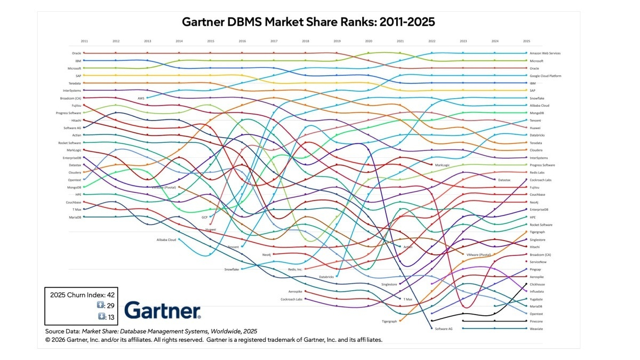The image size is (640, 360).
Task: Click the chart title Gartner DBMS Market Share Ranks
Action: click(308, 22)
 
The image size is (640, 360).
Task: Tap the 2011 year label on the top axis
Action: click(84, 41)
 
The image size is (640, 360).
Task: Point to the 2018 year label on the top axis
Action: click(305, 41)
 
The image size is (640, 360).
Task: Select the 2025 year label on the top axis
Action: click(526, 41)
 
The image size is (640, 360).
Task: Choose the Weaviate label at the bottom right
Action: click(537, 329)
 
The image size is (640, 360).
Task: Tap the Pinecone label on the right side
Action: click(537, 321)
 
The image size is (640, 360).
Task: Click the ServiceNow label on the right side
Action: click(539, 262)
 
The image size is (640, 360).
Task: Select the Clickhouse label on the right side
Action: click(538, 284)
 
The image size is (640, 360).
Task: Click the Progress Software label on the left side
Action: click(68, 113)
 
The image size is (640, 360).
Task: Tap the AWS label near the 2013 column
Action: click(141, 98)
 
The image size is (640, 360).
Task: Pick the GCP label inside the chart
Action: click(204, 218)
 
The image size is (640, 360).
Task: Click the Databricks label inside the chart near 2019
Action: click(326, 277)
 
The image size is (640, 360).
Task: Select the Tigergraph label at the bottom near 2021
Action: click(390, 322)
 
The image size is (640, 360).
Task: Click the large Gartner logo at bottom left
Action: click(162, 310)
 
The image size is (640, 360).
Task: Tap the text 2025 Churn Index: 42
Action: click(82, 294)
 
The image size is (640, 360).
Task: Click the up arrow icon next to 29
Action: click(100, 305)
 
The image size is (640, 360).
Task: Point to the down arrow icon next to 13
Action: click(100, 317)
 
